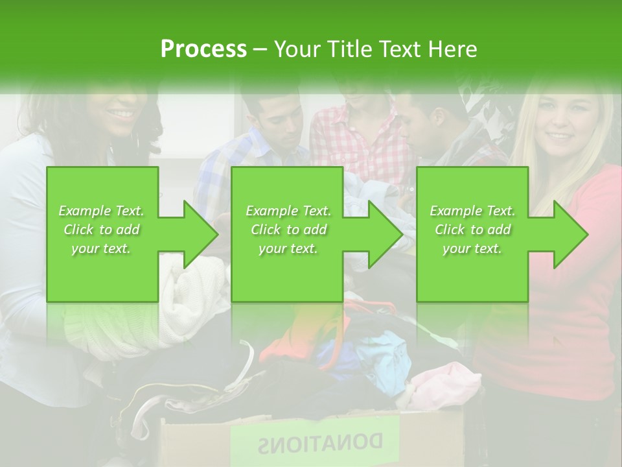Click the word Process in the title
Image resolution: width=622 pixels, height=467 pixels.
[x=203, y=49]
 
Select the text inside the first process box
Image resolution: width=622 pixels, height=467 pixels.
[x=102, y=229]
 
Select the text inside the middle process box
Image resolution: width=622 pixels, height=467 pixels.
[x=288, y=229]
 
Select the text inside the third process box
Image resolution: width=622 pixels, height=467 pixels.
[x=472, y=229]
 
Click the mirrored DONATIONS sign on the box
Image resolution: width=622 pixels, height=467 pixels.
[x=320, y=443]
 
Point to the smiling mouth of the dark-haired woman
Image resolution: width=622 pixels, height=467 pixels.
[x=121, y=114]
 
